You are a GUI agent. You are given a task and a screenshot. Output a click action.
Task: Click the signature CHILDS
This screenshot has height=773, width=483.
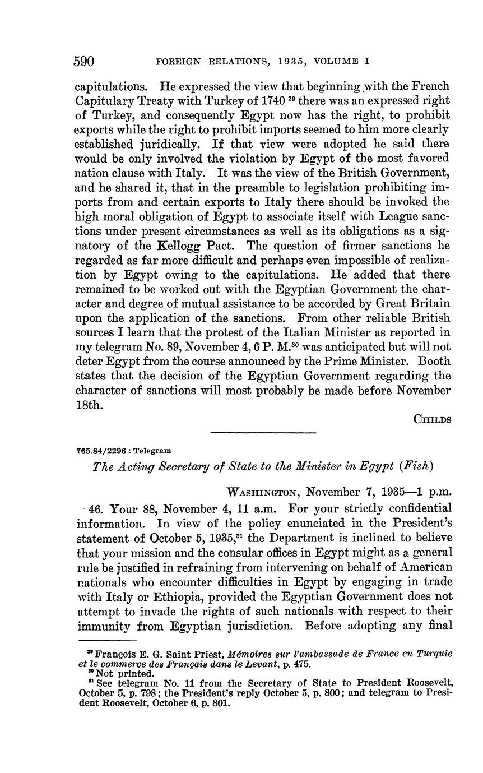pyautogui.click(x=433, y=419)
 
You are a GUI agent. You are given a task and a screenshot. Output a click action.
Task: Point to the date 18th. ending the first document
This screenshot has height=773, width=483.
pyautogui.click(x=90, y=405)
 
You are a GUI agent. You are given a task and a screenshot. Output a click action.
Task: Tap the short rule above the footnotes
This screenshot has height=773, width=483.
pyautogui.click(x=107, y=640)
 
